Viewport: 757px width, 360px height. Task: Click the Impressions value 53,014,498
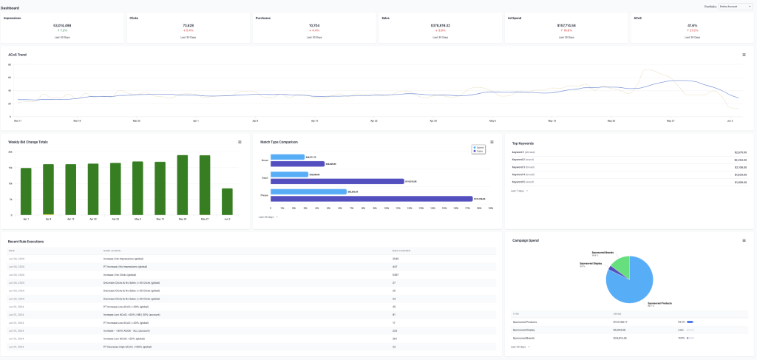click(x=63, y=24)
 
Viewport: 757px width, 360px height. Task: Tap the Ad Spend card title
click(x=516, y=17)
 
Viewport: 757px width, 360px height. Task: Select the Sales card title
click(x=386, y=17)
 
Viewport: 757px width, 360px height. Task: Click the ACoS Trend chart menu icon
click(x=744, y=55)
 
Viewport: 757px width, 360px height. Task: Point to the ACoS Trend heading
click(x=18, y=55)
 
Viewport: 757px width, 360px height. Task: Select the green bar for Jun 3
click(x=228, y=201)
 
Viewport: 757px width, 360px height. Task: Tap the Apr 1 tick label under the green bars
click(x=26, y=219)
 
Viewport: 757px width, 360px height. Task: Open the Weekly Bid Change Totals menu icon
click(x=239, y=142)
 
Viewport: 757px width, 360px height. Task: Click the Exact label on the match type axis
click(x=264, y=177)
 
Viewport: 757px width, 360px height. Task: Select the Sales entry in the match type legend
click(x=482, y=151)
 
